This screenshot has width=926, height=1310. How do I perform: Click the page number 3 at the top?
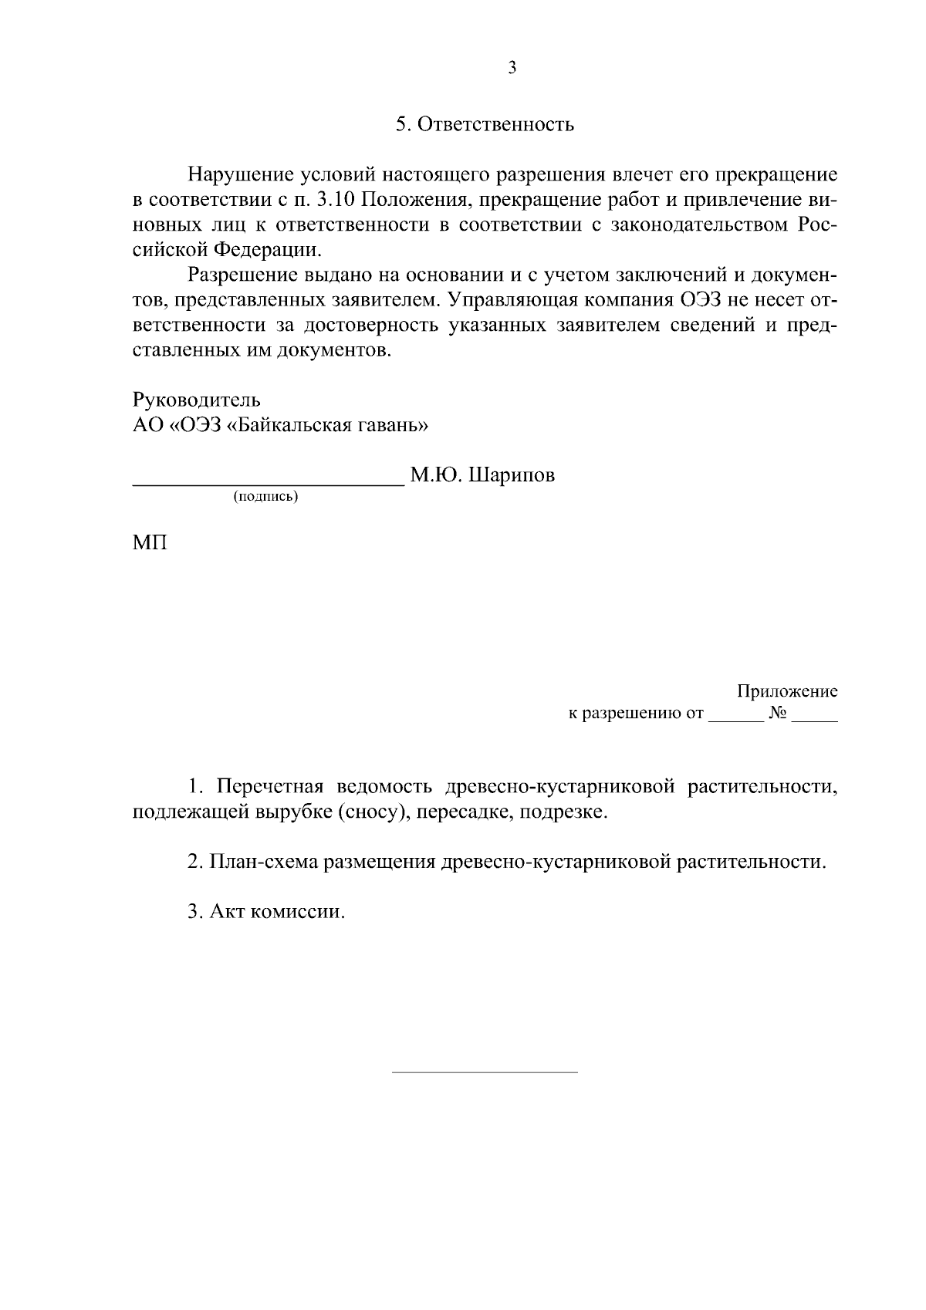point(512,68)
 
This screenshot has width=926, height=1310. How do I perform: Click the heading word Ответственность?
point(495,124)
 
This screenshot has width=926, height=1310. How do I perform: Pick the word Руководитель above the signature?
point(197,400)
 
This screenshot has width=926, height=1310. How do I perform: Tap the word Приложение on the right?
point(787,691)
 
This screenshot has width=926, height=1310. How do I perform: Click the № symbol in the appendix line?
point(777,714)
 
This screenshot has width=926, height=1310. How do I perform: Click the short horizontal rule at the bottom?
point(485,1072)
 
